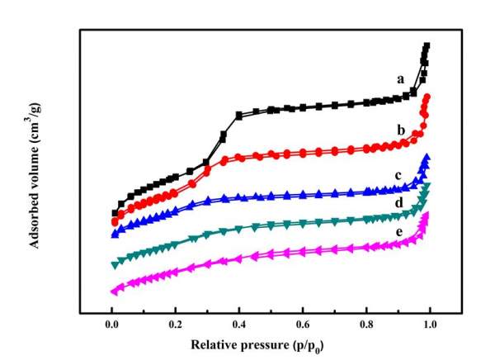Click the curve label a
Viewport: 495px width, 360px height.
[400, 79]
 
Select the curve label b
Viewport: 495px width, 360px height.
[399, 130]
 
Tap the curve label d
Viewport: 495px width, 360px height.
[399, 203]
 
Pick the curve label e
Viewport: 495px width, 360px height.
[398, 233]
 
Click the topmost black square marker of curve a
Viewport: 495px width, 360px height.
[427, 46]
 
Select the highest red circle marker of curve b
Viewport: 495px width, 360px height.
[427, 97]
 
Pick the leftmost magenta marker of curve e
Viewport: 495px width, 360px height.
[113, 291]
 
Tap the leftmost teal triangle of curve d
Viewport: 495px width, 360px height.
[114, 264]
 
